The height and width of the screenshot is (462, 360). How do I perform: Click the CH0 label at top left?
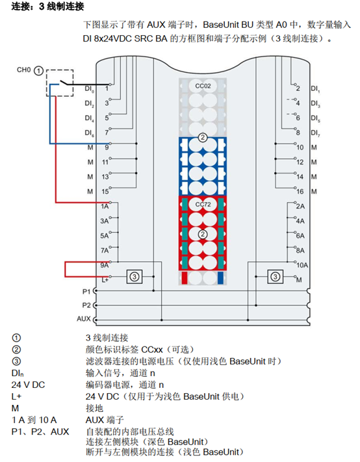[x=24, y=69]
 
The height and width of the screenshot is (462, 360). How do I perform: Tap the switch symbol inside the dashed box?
[x=62, y=83]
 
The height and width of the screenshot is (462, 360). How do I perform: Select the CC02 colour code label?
[x=203, y=85]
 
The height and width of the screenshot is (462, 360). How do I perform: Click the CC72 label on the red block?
[x=203, y=204]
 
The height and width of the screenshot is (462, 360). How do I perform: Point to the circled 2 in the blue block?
[x=203, y=138]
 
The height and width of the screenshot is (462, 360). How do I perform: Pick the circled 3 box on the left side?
[x=134, y=276]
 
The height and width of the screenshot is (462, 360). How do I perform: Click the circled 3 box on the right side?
[x=276, y=276]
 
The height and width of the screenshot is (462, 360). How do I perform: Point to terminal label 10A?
[x=301, y=264]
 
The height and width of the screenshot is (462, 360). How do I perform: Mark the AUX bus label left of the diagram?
[x=83, y=318]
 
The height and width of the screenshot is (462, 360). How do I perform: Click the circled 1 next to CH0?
[x=39, y=69]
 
